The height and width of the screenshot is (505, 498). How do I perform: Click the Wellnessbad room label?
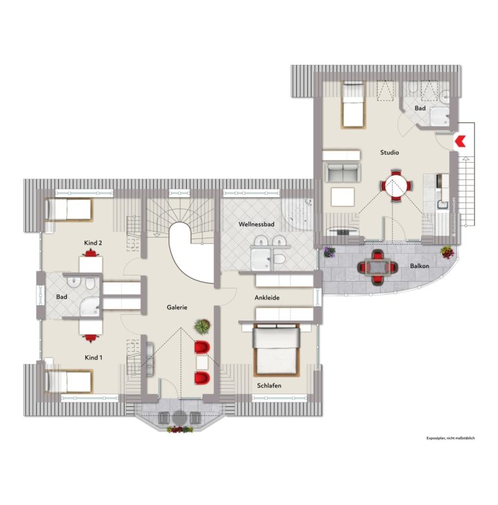pos(256,224)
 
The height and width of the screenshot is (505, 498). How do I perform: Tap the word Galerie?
pos(177,307)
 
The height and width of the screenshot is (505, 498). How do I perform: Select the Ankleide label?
pos(267,298)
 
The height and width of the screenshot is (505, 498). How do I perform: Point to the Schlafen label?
pos(269,386)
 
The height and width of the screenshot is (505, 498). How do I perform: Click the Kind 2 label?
pos(93,243)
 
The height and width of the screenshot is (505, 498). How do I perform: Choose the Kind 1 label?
pos(93,358)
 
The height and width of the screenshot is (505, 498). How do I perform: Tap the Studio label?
pos(390,153)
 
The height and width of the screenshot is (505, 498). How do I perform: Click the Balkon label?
pos(420,266)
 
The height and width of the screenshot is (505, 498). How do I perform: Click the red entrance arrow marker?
pos(460,141)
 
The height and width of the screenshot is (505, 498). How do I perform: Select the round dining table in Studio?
pos(396,186)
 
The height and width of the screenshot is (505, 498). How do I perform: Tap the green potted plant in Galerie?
pos(202,326)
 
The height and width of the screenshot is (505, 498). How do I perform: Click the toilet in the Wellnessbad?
pos(279,258)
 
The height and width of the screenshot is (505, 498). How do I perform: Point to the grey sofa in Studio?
pos(343,172)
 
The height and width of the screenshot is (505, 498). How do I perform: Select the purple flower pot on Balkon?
pos(329,252)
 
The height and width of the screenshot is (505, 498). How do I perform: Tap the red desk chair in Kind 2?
pos(91,253)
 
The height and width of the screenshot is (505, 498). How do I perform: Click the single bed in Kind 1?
pos(69,382)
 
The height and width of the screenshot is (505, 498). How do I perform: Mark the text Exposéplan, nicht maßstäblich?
pos(451,438)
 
